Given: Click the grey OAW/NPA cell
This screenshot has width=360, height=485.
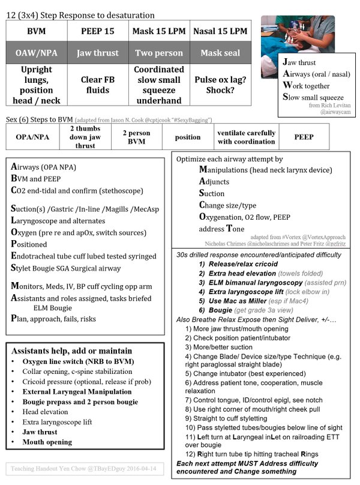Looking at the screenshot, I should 37,52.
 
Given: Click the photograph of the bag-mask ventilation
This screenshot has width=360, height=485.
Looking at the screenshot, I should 292,35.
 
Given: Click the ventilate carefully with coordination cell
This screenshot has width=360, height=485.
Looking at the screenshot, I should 247,137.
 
